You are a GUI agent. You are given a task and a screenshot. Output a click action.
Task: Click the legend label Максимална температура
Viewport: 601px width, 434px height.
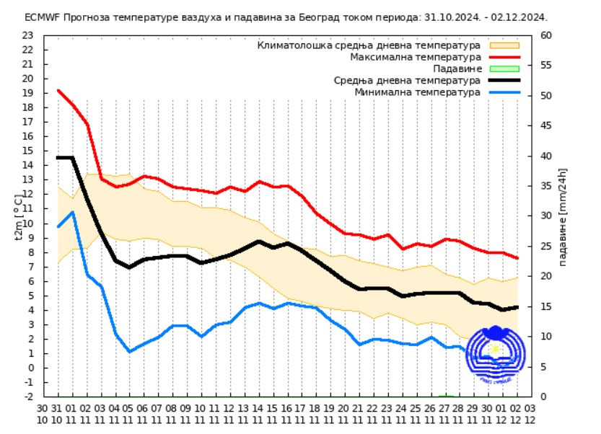[x=415, y=56]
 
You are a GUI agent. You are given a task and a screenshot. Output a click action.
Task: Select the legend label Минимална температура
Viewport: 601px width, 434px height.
[x=417, y=92]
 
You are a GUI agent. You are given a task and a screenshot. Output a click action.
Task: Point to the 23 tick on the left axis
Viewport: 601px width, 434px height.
[x=27, y=35]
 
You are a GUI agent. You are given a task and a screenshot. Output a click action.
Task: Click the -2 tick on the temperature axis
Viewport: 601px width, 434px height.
[x=27, y=397]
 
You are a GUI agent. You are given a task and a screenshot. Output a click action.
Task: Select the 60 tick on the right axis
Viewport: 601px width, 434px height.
[x=546, y=35]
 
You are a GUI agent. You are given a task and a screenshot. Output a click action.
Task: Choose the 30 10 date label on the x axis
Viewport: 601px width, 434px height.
[x=43, y=413]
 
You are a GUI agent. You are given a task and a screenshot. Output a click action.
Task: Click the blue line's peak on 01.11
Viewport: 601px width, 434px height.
[x=72, y=212]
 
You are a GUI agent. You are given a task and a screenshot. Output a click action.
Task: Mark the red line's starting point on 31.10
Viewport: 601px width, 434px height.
[x=58, y=90]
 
